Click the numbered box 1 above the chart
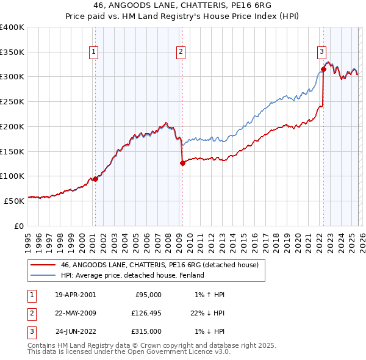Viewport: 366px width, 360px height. (94, 52)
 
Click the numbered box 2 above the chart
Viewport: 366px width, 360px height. (181, 52)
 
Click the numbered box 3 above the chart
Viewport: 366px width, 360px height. (321, 52)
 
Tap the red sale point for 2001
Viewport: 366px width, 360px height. (95, 179)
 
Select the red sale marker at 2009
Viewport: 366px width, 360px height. (182, 163)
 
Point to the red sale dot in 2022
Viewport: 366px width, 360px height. (323, 70)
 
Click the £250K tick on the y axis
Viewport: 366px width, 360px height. (12, 101)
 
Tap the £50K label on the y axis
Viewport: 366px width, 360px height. (15, 200)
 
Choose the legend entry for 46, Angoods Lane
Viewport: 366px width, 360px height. (160, 265)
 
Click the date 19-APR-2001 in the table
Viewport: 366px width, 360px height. (75, 294)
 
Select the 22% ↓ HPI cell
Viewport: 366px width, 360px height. (207, 313)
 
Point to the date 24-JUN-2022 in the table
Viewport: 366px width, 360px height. (76, 332)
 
